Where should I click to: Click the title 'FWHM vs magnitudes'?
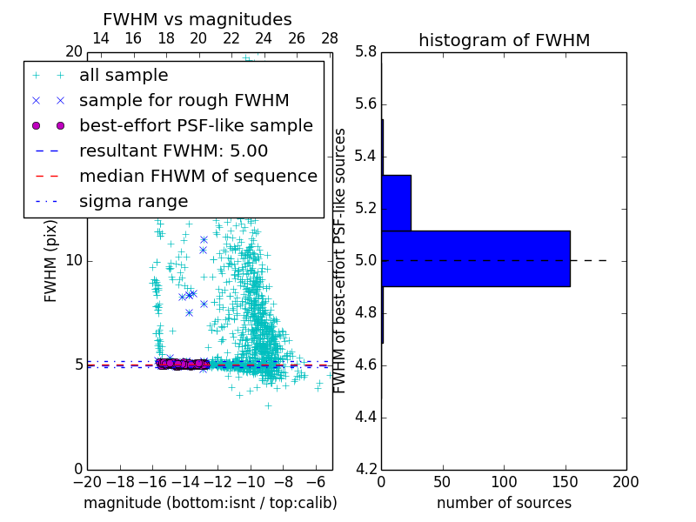point(197,19)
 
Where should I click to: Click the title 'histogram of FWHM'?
point(504,40)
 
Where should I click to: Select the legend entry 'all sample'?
point(124,76)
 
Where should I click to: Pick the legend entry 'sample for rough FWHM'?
point(184,100)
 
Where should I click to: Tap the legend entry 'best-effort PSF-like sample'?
point(196,125)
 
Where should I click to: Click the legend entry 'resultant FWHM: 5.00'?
point(173,151)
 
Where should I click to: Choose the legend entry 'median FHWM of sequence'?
point(197,176)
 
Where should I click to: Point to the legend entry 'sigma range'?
point(133,201)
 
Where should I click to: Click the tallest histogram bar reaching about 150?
point(475,258)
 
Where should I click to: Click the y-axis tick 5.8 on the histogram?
point(366,52)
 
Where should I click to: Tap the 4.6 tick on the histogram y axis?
point(366,365)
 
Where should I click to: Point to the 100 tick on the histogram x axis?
point(504,481)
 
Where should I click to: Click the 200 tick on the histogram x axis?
point(626,481)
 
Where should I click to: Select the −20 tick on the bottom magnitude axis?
point(87,481)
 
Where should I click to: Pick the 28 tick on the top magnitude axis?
point(330,38)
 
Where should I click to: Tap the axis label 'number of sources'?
point(504,503)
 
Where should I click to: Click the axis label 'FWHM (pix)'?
point(51,260)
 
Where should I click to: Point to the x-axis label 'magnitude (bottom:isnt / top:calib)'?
point(210,503)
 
